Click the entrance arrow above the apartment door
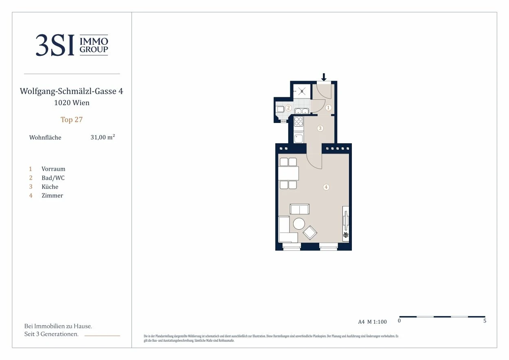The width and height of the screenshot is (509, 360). pos(324,77)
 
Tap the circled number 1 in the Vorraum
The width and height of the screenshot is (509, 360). pos(328,108)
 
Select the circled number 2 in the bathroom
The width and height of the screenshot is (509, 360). pos(288,108)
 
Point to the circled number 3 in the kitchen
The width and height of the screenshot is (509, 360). pos(320,128)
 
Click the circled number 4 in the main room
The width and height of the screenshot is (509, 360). pos(326,187)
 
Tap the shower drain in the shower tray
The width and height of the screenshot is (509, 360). pos(302,91)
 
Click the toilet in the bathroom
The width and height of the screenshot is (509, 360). pos(280,109)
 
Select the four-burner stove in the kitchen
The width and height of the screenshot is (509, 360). pos(298,121)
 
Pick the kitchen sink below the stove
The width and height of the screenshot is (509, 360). pos(298,138)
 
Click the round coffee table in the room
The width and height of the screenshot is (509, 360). pos(299,224)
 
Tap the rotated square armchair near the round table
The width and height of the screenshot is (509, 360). pos(310,233)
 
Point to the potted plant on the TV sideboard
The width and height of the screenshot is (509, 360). pos(346,235)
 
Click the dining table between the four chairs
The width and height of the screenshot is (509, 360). pos(288,173)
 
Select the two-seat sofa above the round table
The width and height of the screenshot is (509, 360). pos(299,209)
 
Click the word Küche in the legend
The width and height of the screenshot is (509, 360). pos(50,187)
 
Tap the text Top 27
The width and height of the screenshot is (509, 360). pos(72,120)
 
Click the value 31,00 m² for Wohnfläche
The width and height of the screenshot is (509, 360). pos(103,137)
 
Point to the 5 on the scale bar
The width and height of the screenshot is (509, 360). pos(485,321)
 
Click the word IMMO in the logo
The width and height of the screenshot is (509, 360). pos(94,42)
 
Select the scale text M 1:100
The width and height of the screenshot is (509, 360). pos(377,322)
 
